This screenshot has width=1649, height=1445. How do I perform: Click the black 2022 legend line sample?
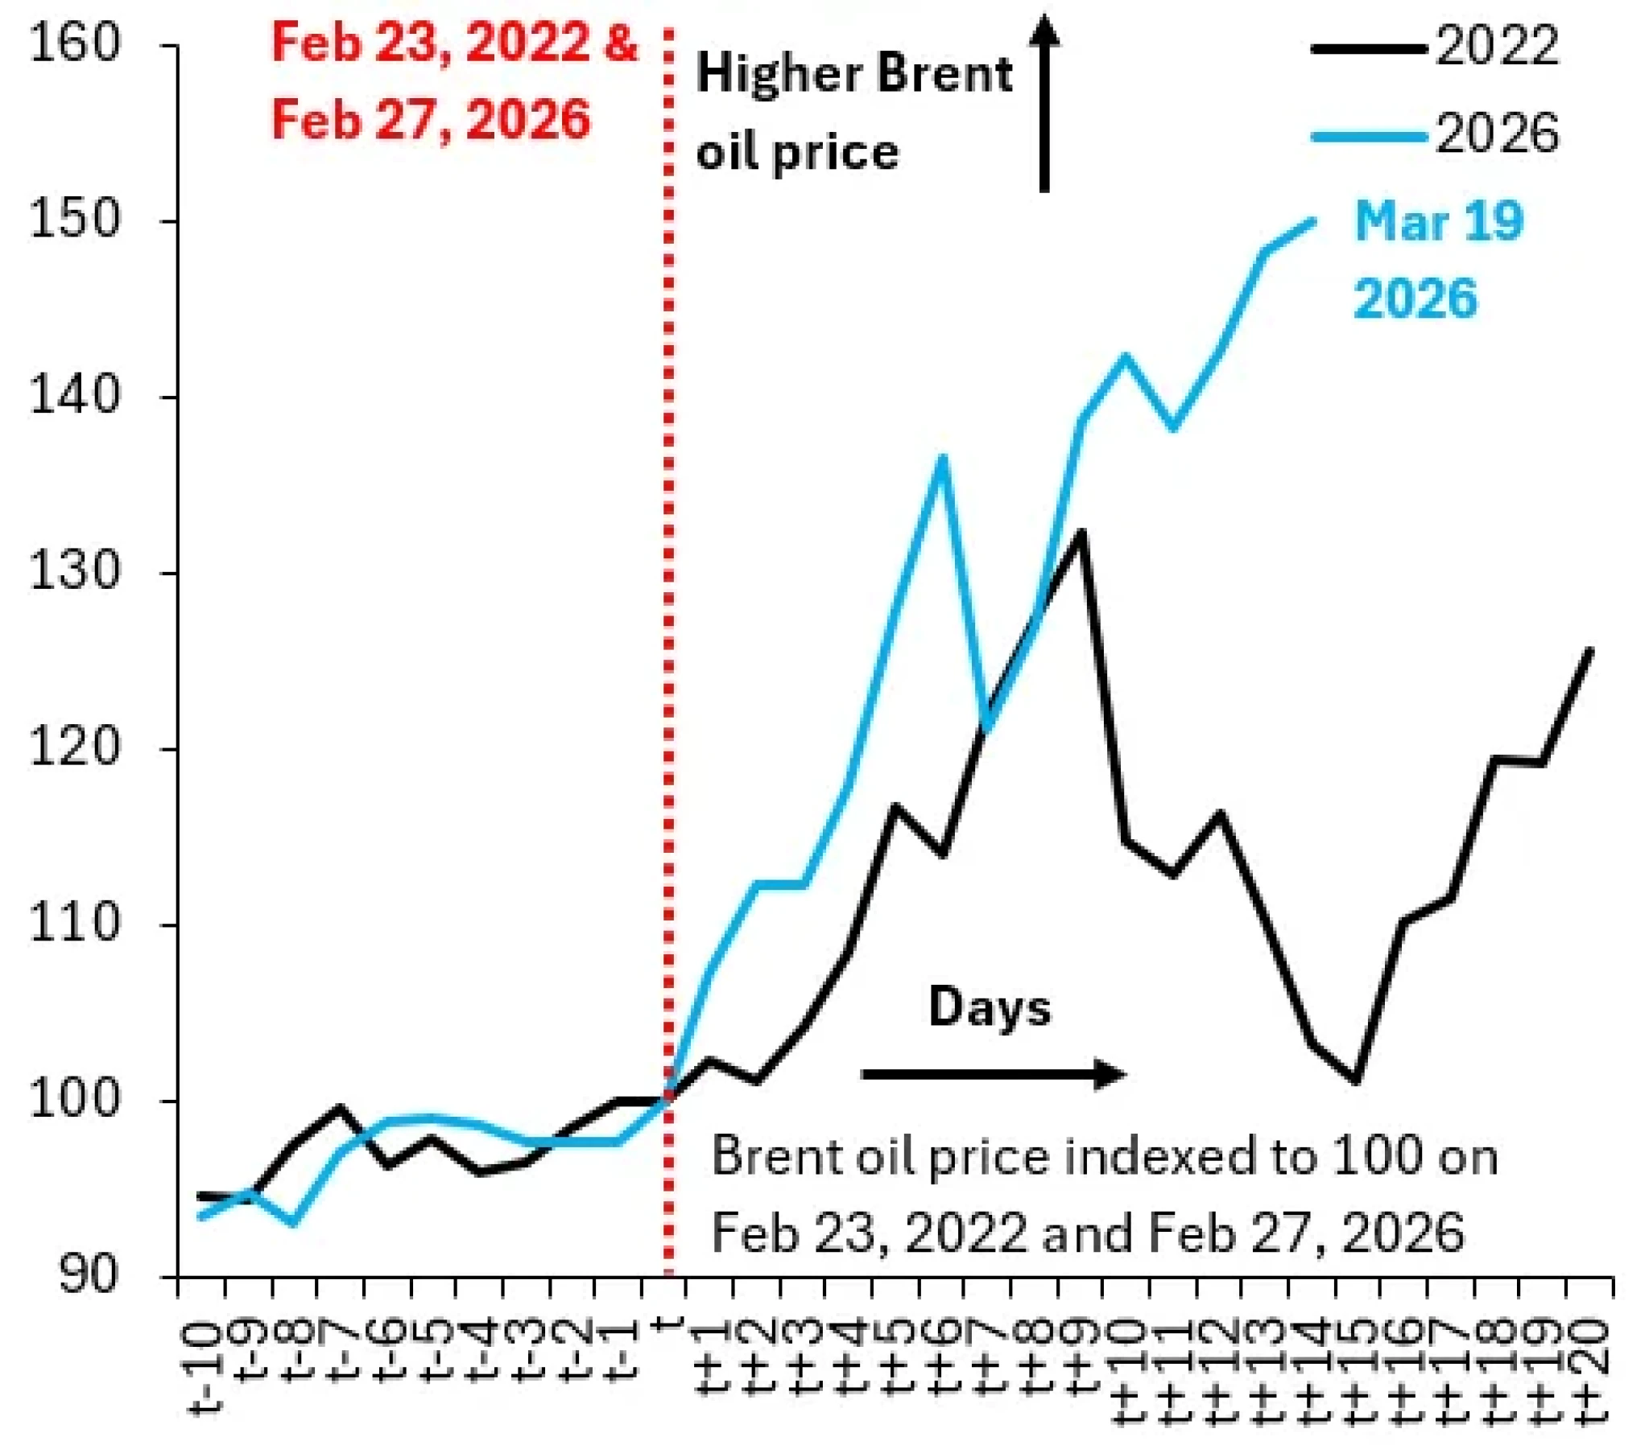(x=1368, y=49)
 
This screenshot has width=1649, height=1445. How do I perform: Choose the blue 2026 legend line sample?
(x=1368, y=136)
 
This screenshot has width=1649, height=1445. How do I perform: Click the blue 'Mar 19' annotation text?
(x=1438, y=221)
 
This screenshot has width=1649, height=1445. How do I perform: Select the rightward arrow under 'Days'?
(x=992, y=1074)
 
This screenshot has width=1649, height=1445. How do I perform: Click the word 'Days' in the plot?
(x=990, y=1007)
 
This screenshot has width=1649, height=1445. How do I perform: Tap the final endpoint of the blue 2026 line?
(x=1314, y=220)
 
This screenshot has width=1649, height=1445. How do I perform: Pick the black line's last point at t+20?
(x=1589, y=650)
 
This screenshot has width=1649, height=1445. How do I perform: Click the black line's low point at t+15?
(x=1357, y=1081)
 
